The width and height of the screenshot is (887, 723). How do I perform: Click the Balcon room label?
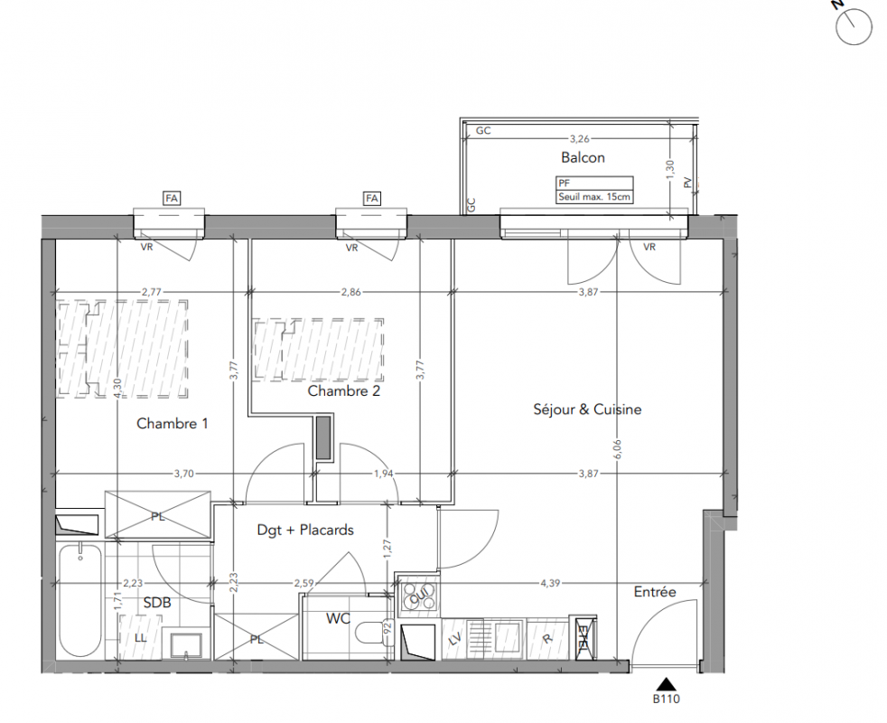[583, 157]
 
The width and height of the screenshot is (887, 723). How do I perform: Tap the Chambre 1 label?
[172, 424]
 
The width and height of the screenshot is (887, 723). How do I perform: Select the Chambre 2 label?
[343, 390]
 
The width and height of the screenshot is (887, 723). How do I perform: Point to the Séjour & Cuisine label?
[587, 409]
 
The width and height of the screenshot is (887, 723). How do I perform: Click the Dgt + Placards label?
[305, 530]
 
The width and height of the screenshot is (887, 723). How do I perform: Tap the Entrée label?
[655, 592]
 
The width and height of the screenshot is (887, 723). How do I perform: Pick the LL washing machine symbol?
[140, 637]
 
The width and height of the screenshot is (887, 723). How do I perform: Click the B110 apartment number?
[667, 700]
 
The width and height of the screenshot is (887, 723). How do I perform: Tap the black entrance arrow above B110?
[667, 684]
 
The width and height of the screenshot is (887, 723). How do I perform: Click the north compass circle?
[854, 26]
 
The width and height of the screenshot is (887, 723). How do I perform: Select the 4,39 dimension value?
[550, 583]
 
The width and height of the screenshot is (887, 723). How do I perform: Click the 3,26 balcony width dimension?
[579, 138]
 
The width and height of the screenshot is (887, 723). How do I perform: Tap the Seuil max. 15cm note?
[593, 198]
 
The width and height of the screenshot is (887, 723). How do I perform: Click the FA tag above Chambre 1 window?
[172, 198]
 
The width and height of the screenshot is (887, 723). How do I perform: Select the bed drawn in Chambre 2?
[319, 350]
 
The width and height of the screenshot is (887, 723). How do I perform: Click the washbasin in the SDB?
[186, 646]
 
